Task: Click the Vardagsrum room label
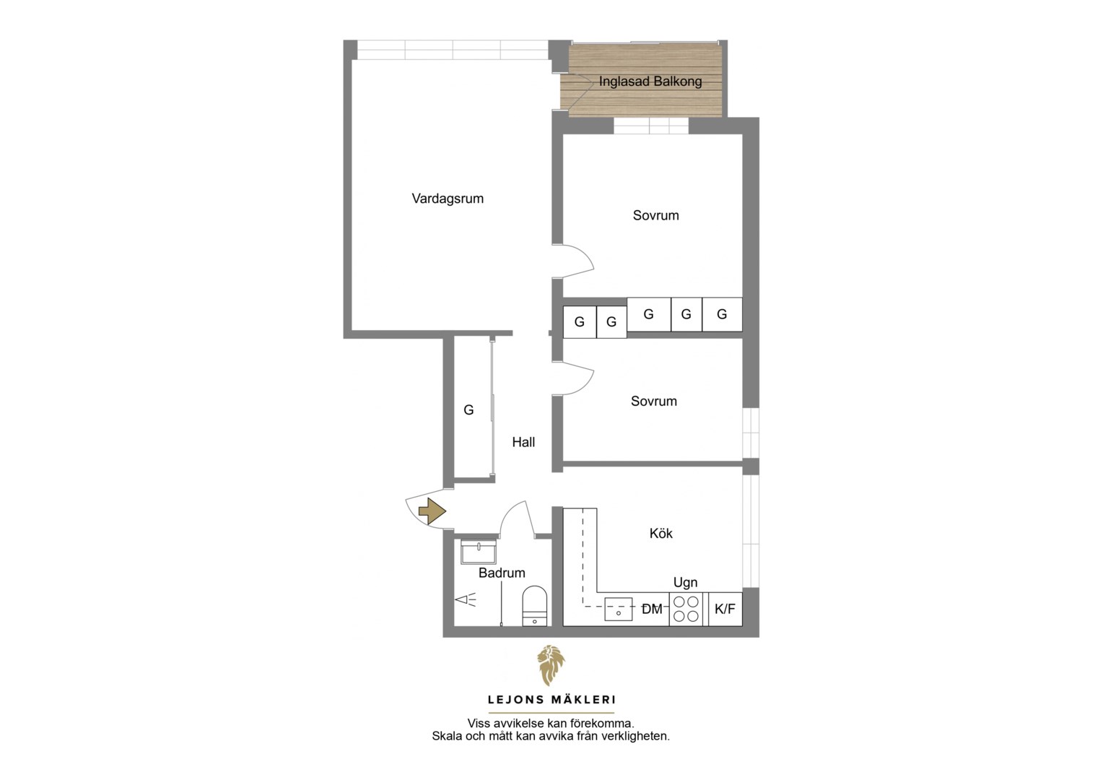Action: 448,199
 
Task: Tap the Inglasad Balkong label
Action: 650,82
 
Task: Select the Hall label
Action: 523,442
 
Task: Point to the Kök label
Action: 661,533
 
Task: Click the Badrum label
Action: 502,573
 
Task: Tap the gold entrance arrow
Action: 432,511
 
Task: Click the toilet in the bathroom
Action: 534,606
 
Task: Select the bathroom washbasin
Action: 478,551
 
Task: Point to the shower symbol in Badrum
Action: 466,599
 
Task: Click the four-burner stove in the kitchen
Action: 686,609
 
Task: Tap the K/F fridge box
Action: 725,609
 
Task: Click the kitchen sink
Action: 619,609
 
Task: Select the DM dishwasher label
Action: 652,610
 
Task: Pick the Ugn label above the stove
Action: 686,582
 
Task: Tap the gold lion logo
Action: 551,665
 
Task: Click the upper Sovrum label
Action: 656,215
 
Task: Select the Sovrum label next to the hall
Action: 654,401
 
